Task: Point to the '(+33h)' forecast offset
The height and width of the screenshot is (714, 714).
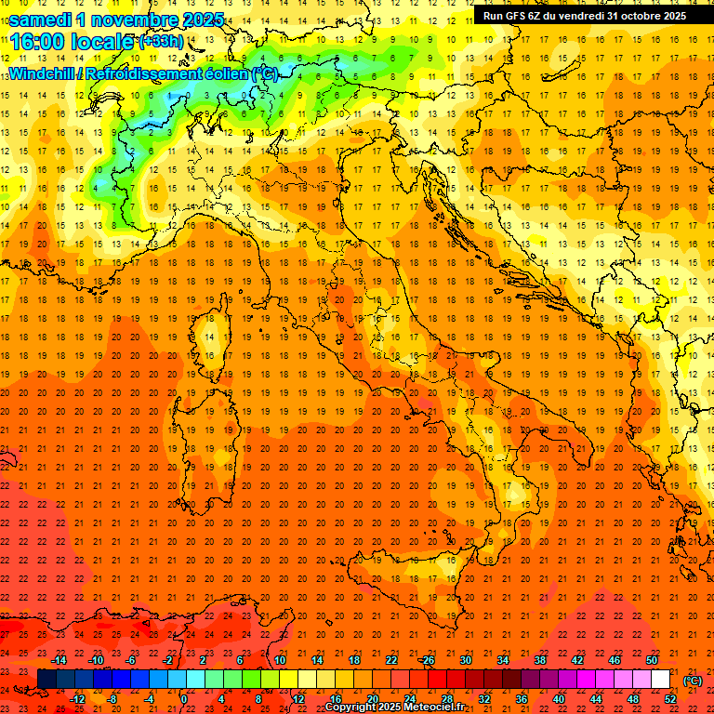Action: [161, 42]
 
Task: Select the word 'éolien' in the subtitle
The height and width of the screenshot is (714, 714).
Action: [220, 73]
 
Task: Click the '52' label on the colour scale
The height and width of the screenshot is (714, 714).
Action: [670, 699]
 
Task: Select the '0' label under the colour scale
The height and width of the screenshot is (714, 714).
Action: [184, 699]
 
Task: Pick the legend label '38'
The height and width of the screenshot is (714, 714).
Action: [539, 660]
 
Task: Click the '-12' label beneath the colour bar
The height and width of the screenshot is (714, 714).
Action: [77, 699]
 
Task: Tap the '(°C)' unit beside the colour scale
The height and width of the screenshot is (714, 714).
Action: [692, 681]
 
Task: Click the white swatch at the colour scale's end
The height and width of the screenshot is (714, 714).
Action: [660, 680]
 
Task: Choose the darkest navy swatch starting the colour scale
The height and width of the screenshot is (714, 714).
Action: [46, 680]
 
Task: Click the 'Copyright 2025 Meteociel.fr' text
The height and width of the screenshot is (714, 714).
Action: [394, 707]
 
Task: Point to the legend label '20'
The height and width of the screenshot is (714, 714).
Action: [372, 699]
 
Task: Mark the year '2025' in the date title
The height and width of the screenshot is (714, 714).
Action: [201, 20]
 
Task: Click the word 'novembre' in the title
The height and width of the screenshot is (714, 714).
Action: [130, 20]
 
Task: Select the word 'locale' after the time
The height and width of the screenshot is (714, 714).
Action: [104, 42]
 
